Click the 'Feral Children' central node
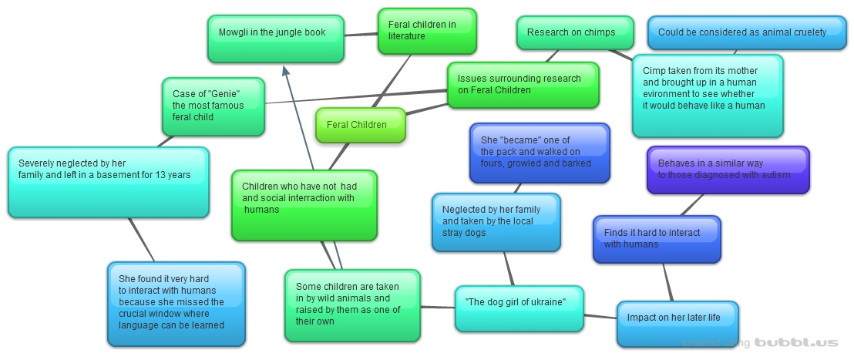click(x=360, y=125)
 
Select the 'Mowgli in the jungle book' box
click(x=275, y=39)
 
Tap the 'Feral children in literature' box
click(x=427, y=31)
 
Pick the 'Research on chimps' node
click(x=574, y=32)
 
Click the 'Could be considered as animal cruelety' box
click(x=746, y=32)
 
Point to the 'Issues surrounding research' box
click(x=523, y=84)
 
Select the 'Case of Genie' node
click(x=213, y=106)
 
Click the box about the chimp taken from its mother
click(x=707, y=96)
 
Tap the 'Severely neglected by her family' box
click(x=108, y=182)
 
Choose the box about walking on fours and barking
click(x=539, y=153)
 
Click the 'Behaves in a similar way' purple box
click(x=728, y=170)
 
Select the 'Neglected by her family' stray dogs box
click(x=496, y=222)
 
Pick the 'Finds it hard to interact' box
click(x=656, y=239)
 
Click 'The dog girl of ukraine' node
click(x=519, y=308)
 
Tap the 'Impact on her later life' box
click(x=677, y=324)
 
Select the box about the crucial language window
click(x=176, y=304)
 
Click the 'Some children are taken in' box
click(x=351, y=304)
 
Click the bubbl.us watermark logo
click(x=795, y=342)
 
